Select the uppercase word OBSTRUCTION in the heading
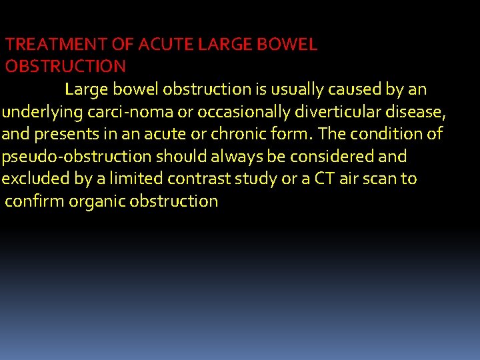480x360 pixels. coord(65,66)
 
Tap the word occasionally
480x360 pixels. coord(234,111)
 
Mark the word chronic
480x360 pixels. coord(239,134)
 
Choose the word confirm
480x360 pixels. coord(35,201)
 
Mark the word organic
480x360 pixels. coord(97,201)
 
